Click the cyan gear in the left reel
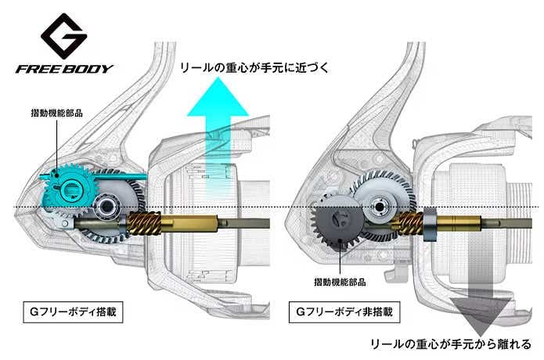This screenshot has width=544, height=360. tap(67, 185)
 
